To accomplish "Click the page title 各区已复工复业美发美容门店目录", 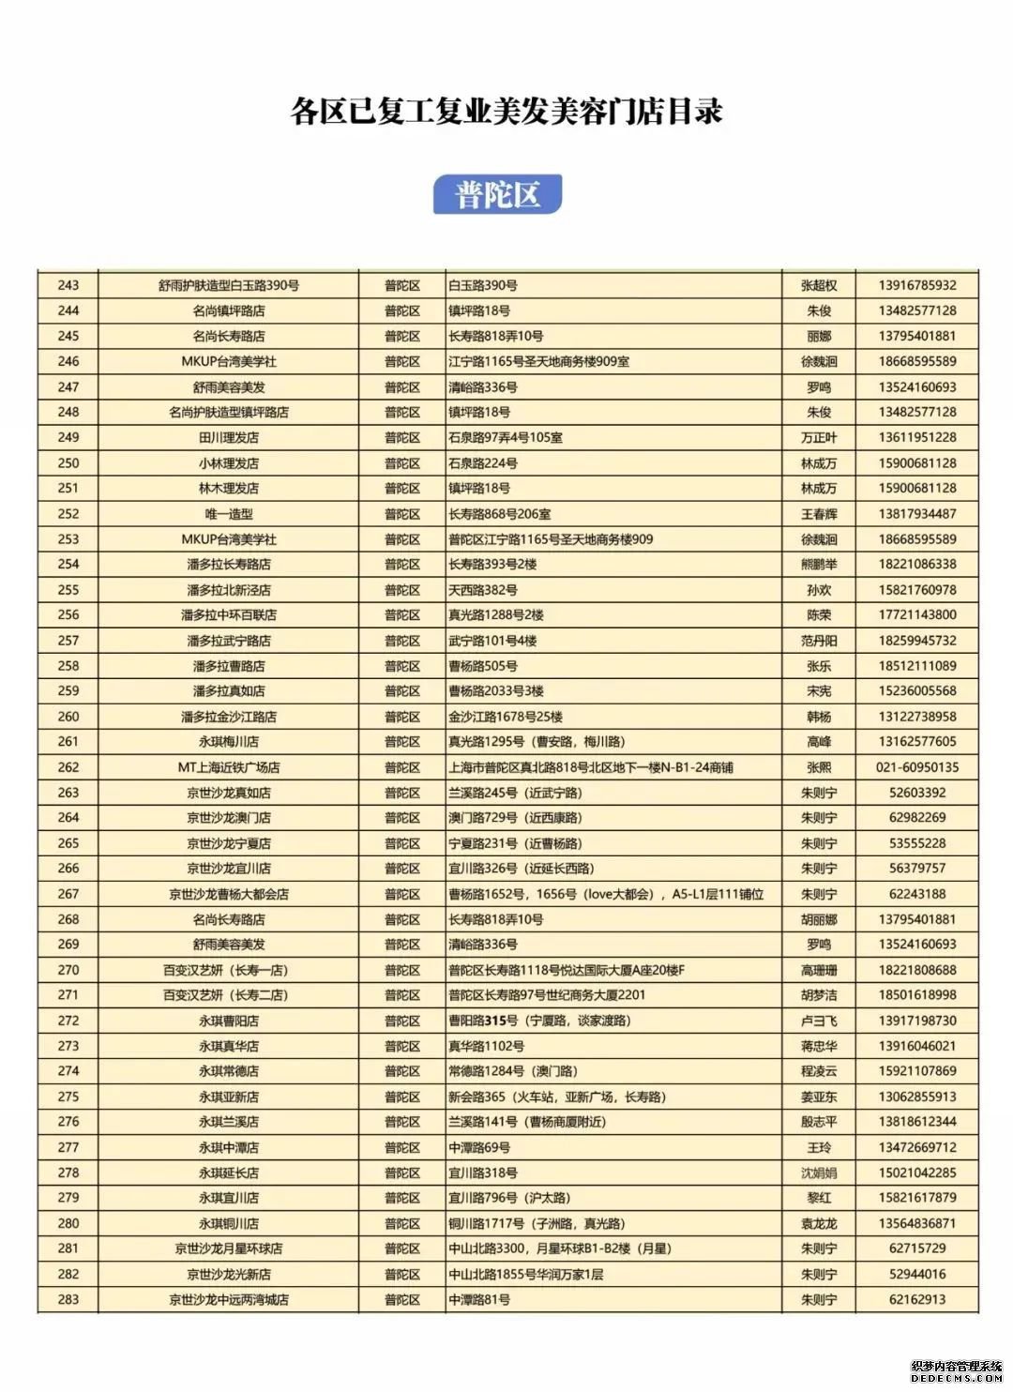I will [506, 112].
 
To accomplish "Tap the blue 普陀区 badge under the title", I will [497, 194].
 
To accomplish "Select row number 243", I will [68, 285].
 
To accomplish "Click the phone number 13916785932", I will [917, 285].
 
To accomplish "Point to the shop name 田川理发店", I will [229, 437].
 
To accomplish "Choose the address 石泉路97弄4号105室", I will [506, 437].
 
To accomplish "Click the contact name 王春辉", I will [819, 514].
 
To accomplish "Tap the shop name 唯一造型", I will [229, 514].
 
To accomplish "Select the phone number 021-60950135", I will [917, 767].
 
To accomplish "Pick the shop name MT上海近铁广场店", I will [229, 767].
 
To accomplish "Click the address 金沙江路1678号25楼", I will [506, 717].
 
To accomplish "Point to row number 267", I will [68, 894].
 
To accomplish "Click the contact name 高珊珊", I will [819, 970].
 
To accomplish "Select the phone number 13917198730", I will [917, 1021].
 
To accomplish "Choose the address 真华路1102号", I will [486, 1046].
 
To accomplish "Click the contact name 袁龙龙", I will [819, 1223].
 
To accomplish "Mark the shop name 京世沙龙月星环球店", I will [229, 1248].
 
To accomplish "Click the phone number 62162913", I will [917, 1299].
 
